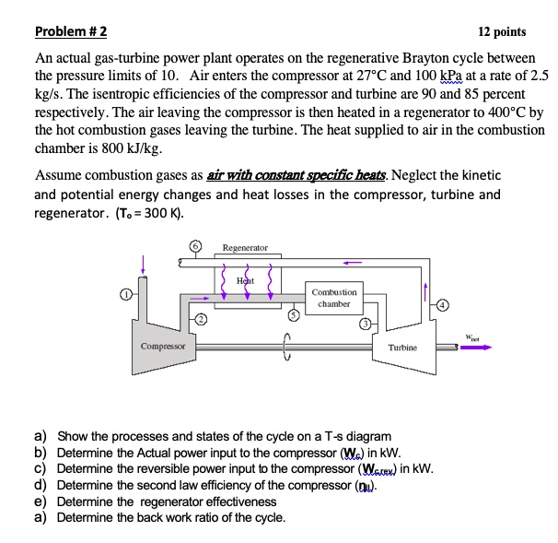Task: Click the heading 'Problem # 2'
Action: pyautogui.click(x=70, y=31)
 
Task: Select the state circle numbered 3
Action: pyautogui.click(x=365, y=324)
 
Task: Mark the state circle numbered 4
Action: pyautogui.click(x=440, y=305)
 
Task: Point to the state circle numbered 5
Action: pyautogui.click(x=296, y=314)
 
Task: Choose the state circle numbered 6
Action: pyautogui.click(x=193, y=248)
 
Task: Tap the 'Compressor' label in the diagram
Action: pyautogui.click(x=162, y=347)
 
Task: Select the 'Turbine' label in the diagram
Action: pyautogui.click(x=402, y=348)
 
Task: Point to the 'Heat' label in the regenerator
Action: pyautogui.click(x=244, y=278)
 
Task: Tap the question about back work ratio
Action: pyautogui.click(x=170, y=516)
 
